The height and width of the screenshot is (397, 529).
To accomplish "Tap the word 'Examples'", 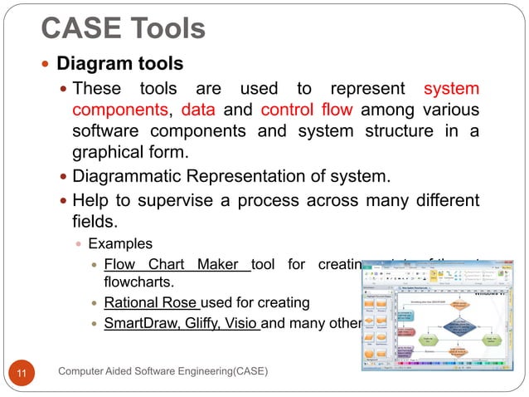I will pos(120,244).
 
